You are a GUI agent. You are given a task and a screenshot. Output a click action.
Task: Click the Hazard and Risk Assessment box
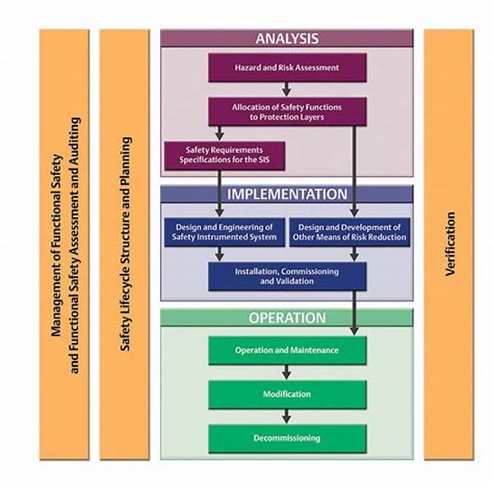click(x=286, y=67)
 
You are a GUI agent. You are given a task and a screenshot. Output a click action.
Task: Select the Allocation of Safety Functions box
click(x=286, y=111)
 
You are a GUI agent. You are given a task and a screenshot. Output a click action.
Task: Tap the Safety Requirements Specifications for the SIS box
click(x=223, y=155)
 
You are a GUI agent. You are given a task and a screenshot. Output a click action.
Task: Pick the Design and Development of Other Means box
click(x=350, y=232)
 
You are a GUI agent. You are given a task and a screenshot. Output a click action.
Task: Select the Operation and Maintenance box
click(x=286, y=350)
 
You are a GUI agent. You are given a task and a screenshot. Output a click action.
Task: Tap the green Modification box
click(x=286, y=394)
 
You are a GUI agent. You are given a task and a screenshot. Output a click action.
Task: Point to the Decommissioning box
click(x=286, y=437)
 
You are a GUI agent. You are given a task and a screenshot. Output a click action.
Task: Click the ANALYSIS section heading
click(x=286, y=38)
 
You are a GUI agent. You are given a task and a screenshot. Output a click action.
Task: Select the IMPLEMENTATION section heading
click(x=286, y=194)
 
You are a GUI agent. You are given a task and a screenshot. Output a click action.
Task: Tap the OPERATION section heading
click(x=286, y=317)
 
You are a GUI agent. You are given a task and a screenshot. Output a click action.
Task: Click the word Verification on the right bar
click(x=450, y=244)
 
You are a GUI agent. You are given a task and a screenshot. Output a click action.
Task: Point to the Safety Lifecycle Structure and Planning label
click(x=125, y=244)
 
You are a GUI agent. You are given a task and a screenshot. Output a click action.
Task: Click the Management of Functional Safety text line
click(x=57, y=244)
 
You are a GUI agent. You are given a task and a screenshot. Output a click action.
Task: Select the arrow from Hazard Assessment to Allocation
click(x=286, y=89)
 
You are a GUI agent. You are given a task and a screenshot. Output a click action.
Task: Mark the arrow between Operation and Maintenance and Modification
click(x=286, y=373)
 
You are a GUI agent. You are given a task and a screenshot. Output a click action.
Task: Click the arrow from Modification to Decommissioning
click(x=286, y=416)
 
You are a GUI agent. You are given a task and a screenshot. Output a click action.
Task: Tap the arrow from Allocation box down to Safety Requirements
click(x=219, y=132)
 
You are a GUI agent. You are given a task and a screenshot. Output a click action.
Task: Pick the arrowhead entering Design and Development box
click(x=354, y=214)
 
